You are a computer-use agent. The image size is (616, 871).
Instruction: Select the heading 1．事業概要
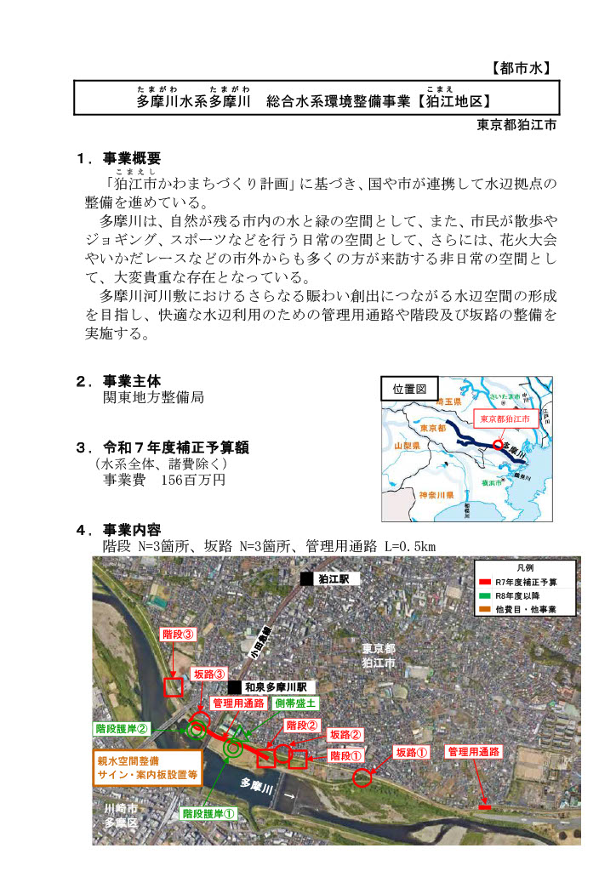pyautogui.click(x=119, y=158)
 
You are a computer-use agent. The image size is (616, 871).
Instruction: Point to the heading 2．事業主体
pyautogui.click(x=119, y=381)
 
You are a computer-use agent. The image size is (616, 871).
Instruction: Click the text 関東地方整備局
pyautogui.click(x=153, y=397)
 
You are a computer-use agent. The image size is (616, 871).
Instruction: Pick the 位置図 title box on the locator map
pyautogui.click(x=410, y=389)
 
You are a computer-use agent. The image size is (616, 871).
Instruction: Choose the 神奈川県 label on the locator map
pyautogui.click(x=434, y=494)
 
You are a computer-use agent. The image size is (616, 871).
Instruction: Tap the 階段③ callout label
pyautogui.click(x=179, y=635)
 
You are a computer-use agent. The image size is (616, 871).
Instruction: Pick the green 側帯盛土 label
pyautogui.click(x=296, y=703)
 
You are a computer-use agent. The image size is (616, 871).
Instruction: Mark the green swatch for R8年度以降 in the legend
pyautogui.click(x=484, y=595)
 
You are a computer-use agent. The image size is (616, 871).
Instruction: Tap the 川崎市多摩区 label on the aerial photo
pyautogui.click(x=121, y=815)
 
